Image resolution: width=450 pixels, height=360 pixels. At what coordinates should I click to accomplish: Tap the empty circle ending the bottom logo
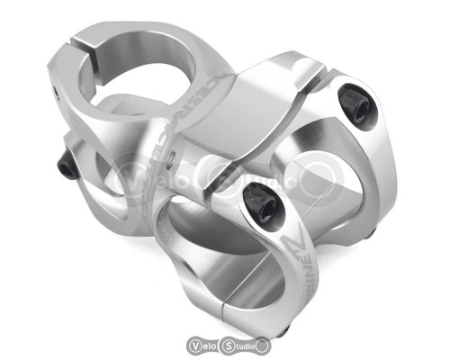[x=263, y=344]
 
